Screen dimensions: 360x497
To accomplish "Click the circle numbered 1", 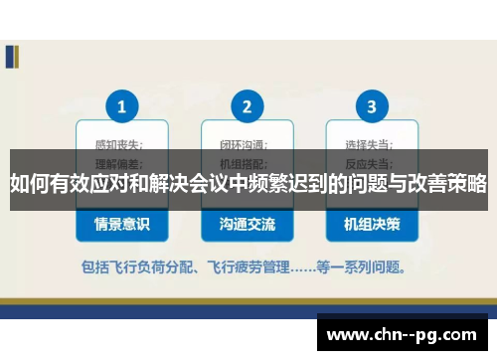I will pos(121,105).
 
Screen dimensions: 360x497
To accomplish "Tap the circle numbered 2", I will pos(247,105).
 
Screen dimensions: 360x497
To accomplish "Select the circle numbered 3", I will pos(372,105).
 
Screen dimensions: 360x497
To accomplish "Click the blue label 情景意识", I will pos(121,225).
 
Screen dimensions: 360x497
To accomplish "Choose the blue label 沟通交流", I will pos(248,225).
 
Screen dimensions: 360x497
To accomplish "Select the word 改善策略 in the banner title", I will pos(445,184).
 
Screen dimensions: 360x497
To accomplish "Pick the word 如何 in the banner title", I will pos(30,184).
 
